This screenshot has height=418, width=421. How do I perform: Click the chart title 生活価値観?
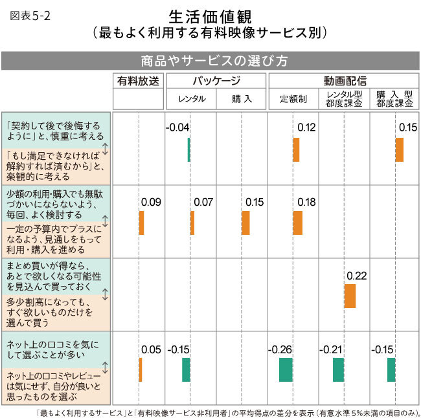point(210,16)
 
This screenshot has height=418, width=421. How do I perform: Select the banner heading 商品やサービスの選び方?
point(210,60)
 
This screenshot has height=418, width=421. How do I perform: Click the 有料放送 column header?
point(138,82)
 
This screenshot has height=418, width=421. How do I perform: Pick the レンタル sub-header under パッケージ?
point(191,99)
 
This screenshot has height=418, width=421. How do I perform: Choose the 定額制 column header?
point(293,99)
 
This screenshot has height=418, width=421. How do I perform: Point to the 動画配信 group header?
point(345,82)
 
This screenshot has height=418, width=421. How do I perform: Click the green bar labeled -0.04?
point(188,149)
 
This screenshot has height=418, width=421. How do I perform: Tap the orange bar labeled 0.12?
point(296,149)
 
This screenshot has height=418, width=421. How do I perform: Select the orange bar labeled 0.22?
point(350,296)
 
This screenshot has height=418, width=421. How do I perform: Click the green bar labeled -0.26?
point(286,369)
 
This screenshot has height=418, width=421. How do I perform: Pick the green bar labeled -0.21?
point(338,369)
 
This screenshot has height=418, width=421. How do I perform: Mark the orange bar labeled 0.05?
point(141,369)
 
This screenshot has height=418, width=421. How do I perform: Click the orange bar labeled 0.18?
point(297,223)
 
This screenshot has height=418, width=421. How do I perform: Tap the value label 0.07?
point(203,203)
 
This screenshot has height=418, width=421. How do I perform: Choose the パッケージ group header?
point(216,82)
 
